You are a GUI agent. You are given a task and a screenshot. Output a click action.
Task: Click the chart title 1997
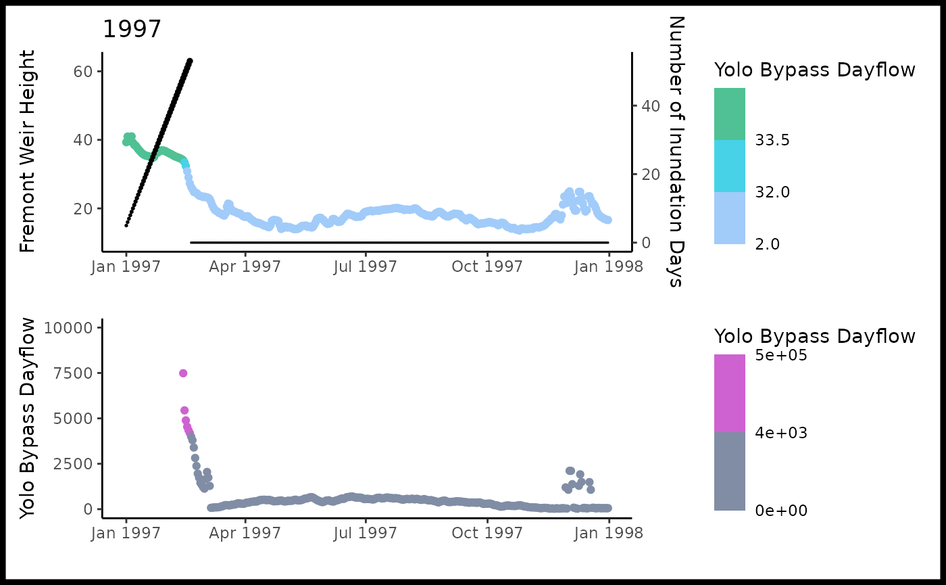click(x=132, y=30)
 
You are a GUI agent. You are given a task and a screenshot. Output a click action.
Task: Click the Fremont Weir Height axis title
click(x=27, y=151)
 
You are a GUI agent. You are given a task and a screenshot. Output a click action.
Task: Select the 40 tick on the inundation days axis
click(x=647, y=106)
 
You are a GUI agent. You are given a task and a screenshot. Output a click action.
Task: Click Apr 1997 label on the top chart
click(x=246, y=266)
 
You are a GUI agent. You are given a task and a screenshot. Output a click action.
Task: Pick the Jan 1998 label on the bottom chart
click(x=608, y=533)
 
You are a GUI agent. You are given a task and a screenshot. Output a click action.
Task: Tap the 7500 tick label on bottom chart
click(x=73, y=373)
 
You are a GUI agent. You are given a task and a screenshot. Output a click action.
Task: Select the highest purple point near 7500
click(x=183, y=373)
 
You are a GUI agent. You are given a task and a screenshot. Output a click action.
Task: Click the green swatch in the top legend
click(x=730, y=114)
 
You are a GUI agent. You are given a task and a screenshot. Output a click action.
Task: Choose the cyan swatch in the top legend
click(x=730, y=166)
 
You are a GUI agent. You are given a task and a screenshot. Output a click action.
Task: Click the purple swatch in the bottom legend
click(x=730, y=393)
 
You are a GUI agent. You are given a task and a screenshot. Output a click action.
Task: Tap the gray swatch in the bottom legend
click(x=730, y=471)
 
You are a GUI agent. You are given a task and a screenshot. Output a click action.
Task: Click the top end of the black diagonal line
click(x=190, y=61)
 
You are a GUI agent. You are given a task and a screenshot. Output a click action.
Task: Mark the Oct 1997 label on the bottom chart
click(x=487, y=533)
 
